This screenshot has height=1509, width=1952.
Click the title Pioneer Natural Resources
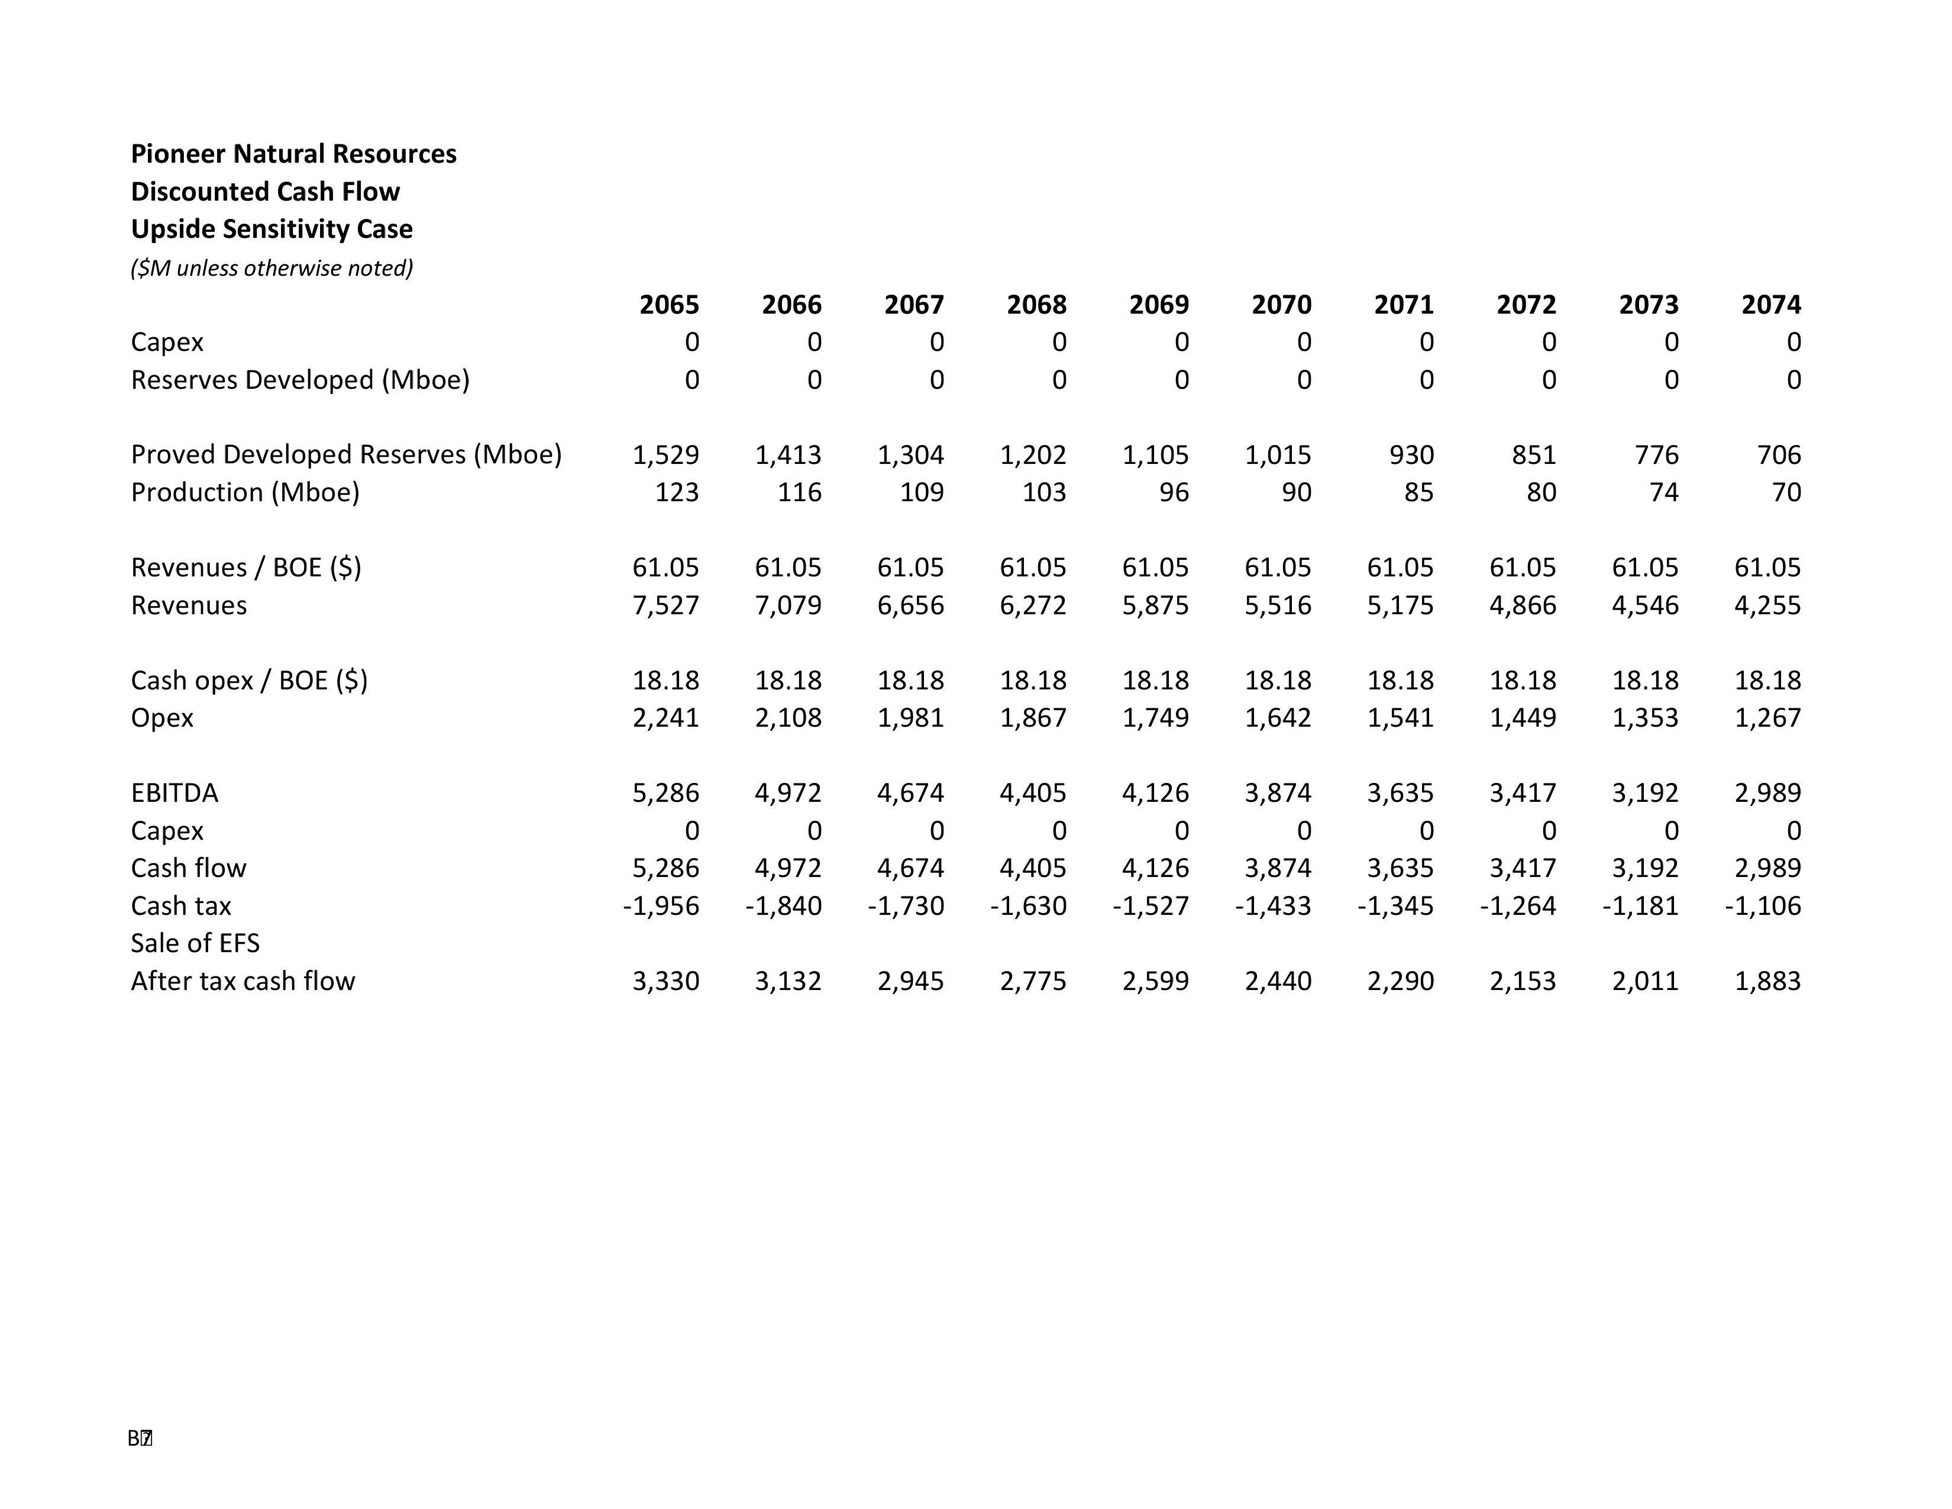click(293, 154)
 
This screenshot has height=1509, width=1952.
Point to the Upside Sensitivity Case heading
click(272, 229)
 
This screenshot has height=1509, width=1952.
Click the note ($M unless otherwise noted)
click(272, 268)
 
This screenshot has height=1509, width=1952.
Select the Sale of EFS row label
click(195, 943)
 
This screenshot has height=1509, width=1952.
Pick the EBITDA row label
click(174, 793)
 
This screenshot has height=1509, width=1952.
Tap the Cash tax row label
click(180, 905)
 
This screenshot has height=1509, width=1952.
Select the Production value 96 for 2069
click(1174, 492)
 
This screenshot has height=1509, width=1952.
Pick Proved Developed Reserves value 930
click(1411, 455)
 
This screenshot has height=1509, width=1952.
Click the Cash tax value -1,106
click(1763, 905)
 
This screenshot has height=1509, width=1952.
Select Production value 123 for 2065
click(677, 492)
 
